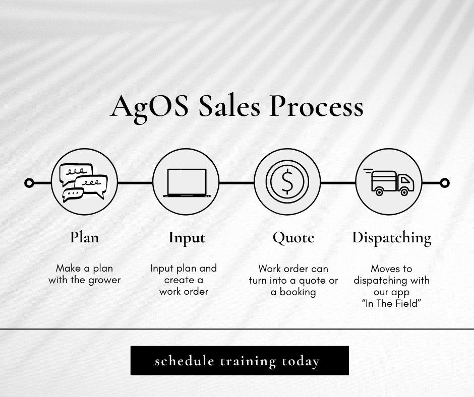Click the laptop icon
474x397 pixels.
click(x=186, y=182)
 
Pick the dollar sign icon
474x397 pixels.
click(x=287, y=182)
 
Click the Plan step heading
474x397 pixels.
click(x=84, y=237)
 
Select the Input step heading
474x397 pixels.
click(x=187, y=238)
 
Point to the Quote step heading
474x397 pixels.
click(x=293, y=237)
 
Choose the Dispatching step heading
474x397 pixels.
click(x=391, y=238)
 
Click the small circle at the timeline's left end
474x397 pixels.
click(x=29, y=183)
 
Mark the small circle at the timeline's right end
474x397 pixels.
click(x=444, y=183)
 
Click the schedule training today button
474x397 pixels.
click(x=240, y=361)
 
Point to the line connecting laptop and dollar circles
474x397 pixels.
click(x=237, y=183)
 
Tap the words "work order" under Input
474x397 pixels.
click(x=184, y=291)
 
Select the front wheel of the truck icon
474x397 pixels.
click(x=404, y=192)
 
